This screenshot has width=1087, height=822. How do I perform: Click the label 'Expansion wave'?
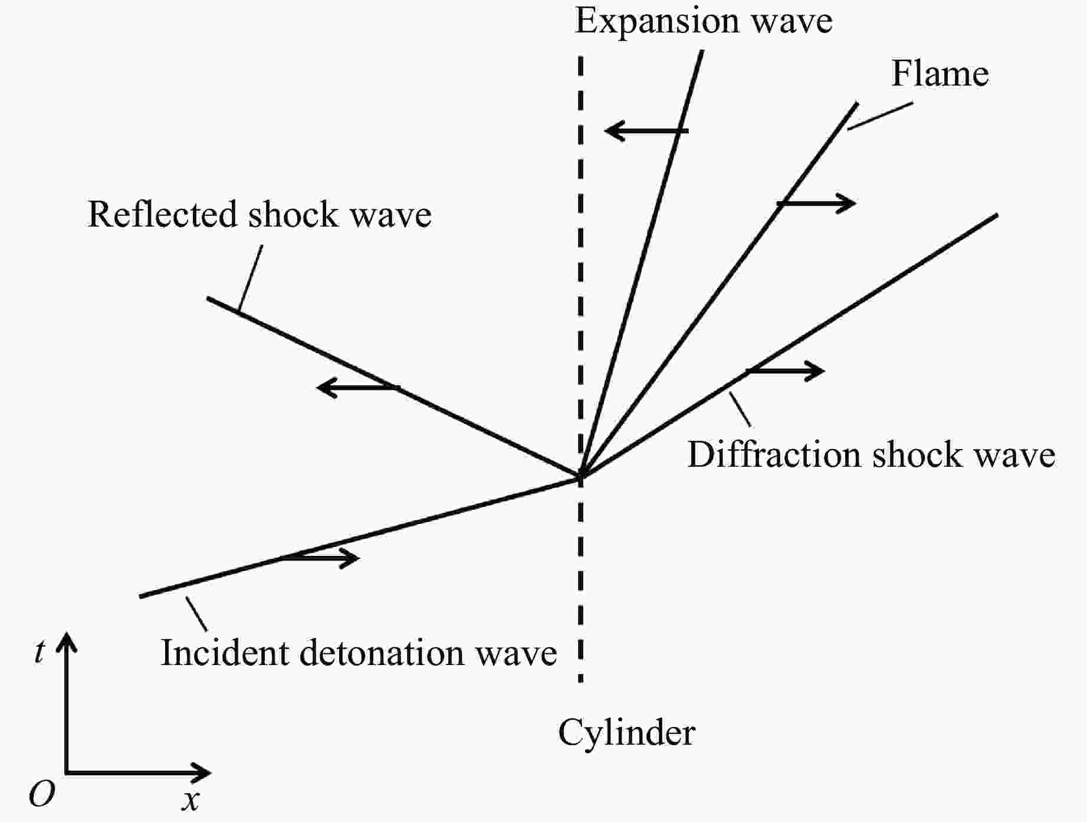pos(703,21)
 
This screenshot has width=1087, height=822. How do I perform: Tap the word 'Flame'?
pos(940,74)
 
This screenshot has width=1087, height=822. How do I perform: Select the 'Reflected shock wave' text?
pos(260,214)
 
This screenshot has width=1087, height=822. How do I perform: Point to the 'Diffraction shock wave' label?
pos(871,456)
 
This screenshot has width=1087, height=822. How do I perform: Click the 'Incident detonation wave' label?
pos(359,653)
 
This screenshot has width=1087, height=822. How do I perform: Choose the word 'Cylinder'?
pos(626,733)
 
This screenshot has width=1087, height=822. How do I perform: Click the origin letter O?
pos(42,794)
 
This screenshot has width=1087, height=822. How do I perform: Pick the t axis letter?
pos(40,652)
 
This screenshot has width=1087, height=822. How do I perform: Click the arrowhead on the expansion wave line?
pos(613,130)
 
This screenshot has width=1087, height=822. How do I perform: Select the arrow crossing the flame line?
pos(817,204)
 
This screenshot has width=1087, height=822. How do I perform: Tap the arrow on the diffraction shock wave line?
pos(786,371)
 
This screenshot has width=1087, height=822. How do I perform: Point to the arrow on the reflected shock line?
pos(357,388)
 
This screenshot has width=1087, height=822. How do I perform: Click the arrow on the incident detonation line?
pos(320,558)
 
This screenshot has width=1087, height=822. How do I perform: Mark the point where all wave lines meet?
pos(581,475)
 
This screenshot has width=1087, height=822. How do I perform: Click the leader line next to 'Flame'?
pos(880,116)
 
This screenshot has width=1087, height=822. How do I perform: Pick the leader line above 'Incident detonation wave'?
pos(196,614)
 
